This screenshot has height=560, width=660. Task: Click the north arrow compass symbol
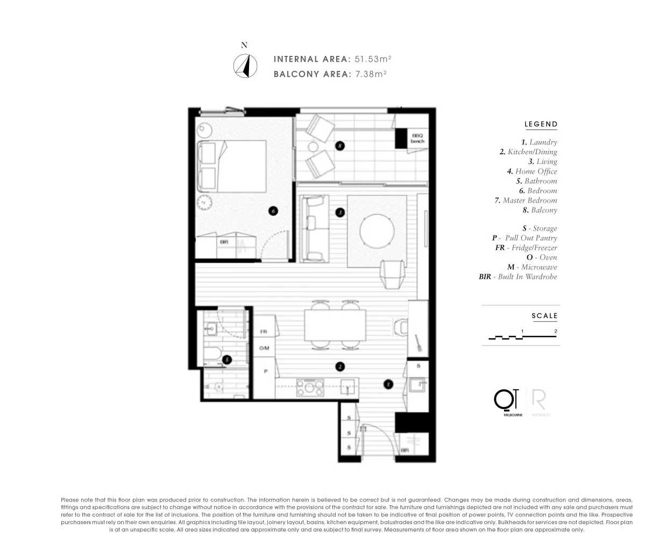coord(245,67)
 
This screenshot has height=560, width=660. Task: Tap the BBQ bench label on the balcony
coord(417,138)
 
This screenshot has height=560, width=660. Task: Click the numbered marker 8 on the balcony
coord(339,145)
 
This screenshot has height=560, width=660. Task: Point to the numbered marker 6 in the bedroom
coord(273,211)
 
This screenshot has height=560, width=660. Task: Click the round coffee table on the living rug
coord(377,231)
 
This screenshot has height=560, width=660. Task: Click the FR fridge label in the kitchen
coord(264,332)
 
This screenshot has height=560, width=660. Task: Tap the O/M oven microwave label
coord(264,348)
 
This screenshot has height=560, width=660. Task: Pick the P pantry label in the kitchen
coord(265,371)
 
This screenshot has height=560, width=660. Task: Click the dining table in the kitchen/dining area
coord(335,325)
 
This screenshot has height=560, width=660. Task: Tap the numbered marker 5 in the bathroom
coord(227,360)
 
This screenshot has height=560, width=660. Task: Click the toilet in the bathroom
coord(215,387)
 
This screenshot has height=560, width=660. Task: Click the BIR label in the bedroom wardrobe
coord(224,242)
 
